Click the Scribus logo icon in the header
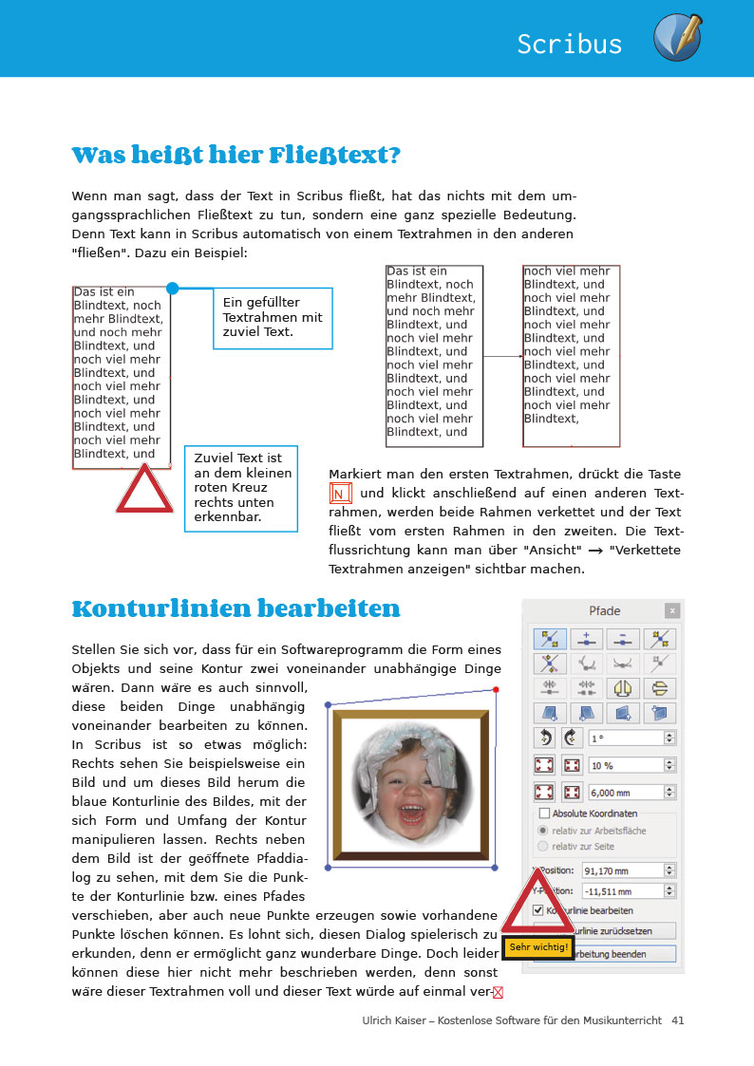click(x=677, y=39)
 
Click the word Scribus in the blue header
click(x=570, y=44)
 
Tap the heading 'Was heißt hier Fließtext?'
click(x=236, y=155)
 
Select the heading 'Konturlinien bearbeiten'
click(x=236, y=608)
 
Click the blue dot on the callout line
click(x=172, y=288)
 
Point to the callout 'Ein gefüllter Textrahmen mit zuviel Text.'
click(x=273, y=318)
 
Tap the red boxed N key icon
click(x=341, y=494)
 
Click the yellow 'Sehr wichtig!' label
click(x=538, y=946)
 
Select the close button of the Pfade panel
click(x=671, y=611)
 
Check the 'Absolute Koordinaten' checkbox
click(x=545, y=814)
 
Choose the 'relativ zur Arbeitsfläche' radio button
click(x=543, y=830)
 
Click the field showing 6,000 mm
click(x=625, y=792)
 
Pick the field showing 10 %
click(x=625, y=764)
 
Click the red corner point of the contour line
click(x=497, y=689)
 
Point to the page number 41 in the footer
click(x=677, y=1020)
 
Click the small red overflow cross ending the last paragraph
click(x=498, y=993)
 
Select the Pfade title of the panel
click(x=605, y=611)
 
